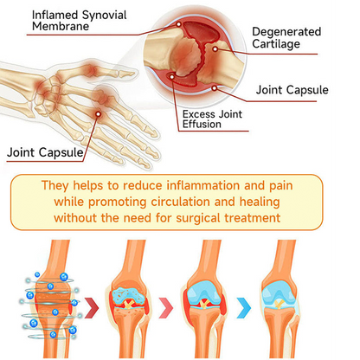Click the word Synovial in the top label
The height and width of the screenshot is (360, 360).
(104, 16)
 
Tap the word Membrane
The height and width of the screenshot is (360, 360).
(61, 27)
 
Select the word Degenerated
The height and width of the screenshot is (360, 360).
(286, 32)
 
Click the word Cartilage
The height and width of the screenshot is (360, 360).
(276, 44)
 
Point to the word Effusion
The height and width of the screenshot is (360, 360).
(202, 125)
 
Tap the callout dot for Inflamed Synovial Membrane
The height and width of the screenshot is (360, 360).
(179, 24)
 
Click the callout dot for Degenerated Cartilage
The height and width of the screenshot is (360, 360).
(215, 49)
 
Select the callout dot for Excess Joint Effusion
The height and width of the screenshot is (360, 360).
(172, 77)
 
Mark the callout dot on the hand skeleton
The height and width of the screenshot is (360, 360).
(98, 114)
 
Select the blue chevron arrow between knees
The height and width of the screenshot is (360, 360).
(244, 307)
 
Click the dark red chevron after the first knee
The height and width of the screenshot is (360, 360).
(92, 307)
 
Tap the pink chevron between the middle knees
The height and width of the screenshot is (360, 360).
(166, 307)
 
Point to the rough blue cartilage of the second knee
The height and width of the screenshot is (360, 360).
(129, 296)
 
